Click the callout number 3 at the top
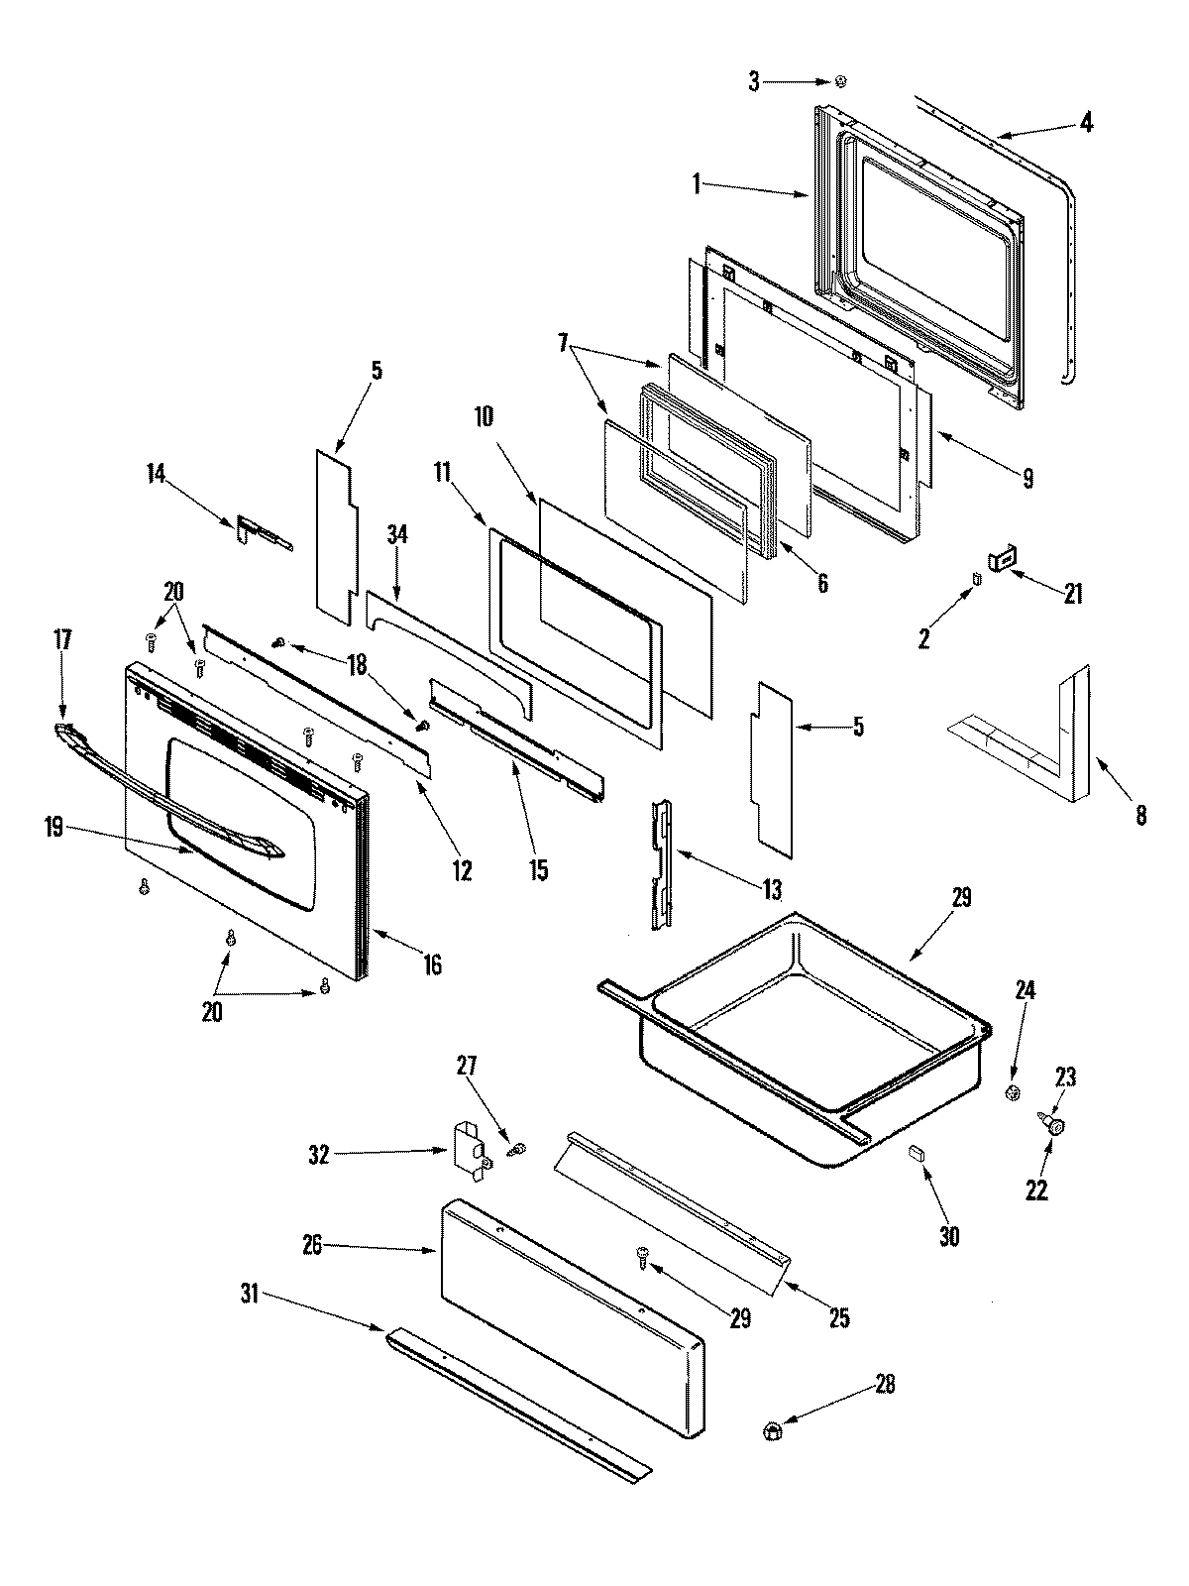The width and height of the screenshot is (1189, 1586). coord(755,83)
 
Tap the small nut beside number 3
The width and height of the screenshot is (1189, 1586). coord(841,82)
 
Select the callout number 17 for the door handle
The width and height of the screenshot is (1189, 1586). coord(62,640)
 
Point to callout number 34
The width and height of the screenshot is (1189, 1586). coord(397,535)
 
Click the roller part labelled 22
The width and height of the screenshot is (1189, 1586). coord(1055,1126)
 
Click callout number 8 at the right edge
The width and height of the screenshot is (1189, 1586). coord(1141,815)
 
